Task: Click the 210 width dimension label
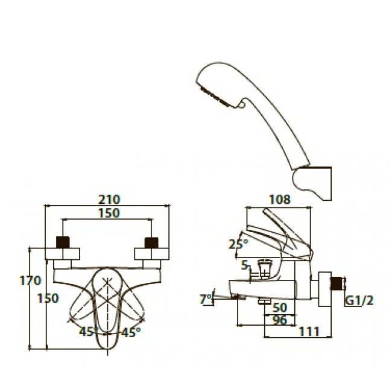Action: [109, 199]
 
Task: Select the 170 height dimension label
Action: [30, 280]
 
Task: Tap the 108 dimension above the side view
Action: [279, 199]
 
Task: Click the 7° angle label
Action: [206, 299]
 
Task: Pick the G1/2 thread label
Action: [359, 300]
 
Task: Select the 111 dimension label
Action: [309, 332]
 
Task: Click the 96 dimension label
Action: [279, 320]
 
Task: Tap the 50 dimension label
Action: [279, 308]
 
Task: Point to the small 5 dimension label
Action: [245, 265]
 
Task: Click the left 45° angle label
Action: [88, 332]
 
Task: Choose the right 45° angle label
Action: [131, 332]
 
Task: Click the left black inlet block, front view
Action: [63, 242]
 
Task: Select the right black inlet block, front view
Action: [151, 242]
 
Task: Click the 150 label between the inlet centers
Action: [109, 213]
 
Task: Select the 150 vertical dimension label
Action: [48, 298]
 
